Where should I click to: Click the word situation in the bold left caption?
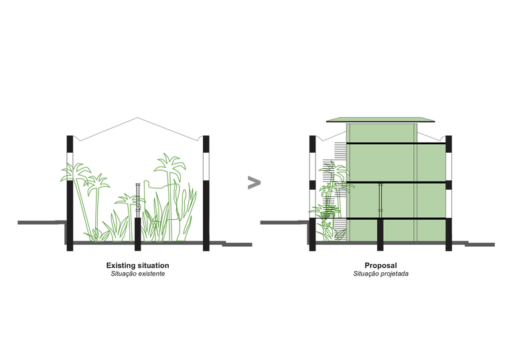pos(153,265)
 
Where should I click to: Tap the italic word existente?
pos(151,274)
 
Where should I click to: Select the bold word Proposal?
pos(381,265)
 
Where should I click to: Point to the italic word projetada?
pos(394,274)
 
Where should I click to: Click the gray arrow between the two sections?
pos(254,182)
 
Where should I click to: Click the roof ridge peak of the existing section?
pos(137,117)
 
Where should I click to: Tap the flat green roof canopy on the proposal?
pos(380,120)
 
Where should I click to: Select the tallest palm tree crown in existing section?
pos(169,165)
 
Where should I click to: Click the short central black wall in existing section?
pos(138,234)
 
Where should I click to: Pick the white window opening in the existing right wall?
pos(206,167)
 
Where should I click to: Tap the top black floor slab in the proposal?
pos(396,143)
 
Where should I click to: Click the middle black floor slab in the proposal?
pos(396,182)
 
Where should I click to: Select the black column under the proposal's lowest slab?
pos(380,235)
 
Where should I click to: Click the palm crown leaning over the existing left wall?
pos(74,172)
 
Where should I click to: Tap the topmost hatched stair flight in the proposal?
pos(340,150)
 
